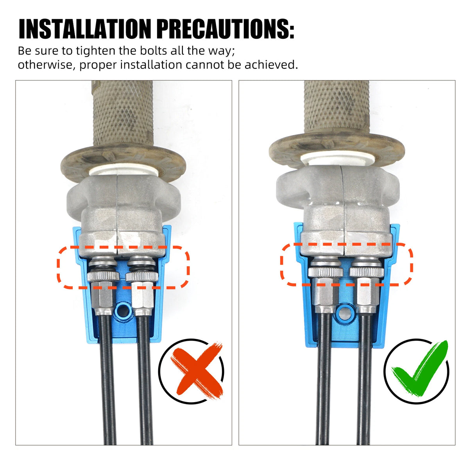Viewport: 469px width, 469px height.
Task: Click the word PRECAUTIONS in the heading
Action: [226, 29]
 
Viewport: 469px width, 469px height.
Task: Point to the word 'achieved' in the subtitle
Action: [271, 65]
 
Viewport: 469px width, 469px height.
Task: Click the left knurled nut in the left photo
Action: [103, 276]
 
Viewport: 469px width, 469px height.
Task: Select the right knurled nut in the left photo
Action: [141, 276]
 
